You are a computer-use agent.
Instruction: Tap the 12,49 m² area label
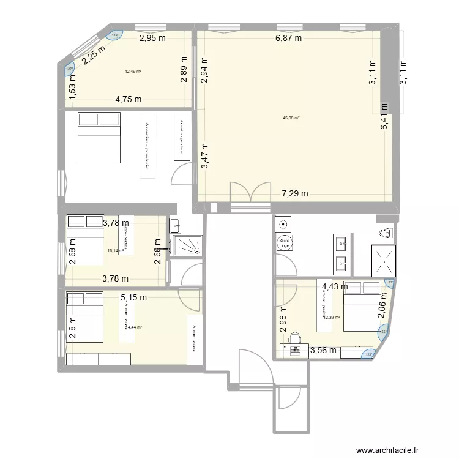click(133, 72)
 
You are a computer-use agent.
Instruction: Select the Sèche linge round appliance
click(285, 244)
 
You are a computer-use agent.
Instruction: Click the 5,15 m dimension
click(133, 298)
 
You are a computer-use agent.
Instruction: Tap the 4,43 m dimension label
click(334, 286)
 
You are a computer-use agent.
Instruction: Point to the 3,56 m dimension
click(323, 351)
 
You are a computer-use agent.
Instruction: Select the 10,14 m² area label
click(116, 250)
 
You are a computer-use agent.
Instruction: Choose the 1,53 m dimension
click(72, 86)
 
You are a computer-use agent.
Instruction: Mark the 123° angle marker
click(369, 354)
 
